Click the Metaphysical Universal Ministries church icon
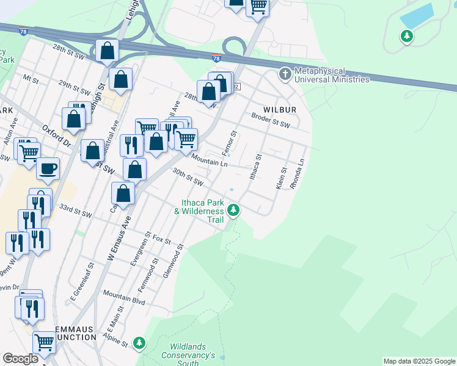285,75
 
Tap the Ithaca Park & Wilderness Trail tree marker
233,210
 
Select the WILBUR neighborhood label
280,110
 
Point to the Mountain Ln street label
209,160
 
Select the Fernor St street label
232,142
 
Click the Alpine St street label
115,339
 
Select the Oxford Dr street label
57,135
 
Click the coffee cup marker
48,169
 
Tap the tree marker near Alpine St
140,343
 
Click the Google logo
20,359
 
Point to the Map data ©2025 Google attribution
419,361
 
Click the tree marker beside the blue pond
406,37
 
